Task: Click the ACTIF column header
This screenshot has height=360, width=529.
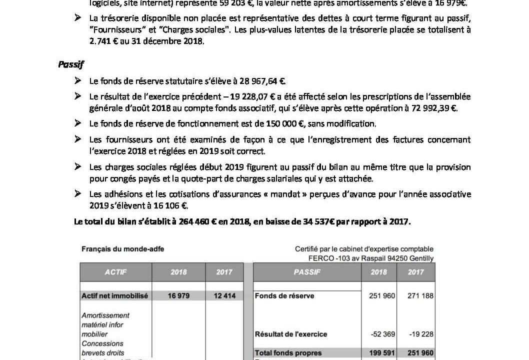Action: (x=115, y=272)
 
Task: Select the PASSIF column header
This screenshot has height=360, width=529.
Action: (x=307, y=272)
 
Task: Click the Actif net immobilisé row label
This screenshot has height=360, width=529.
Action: (x=114, y=296)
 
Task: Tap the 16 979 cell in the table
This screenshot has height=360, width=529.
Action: (x=178, y=296)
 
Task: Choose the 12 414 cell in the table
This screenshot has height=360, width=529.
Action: (x=225, y=296)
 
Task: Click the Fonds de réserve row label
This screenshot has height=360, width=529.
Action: (x=284, y=296)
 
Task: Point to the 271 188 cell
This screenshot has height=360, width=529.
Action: (x=420, y=296)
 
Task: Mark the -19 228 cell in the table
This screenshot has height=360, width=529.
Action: (x=422, y=334)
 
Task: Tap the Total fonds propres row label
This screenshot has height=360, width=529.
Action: (x=288, y=353)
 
